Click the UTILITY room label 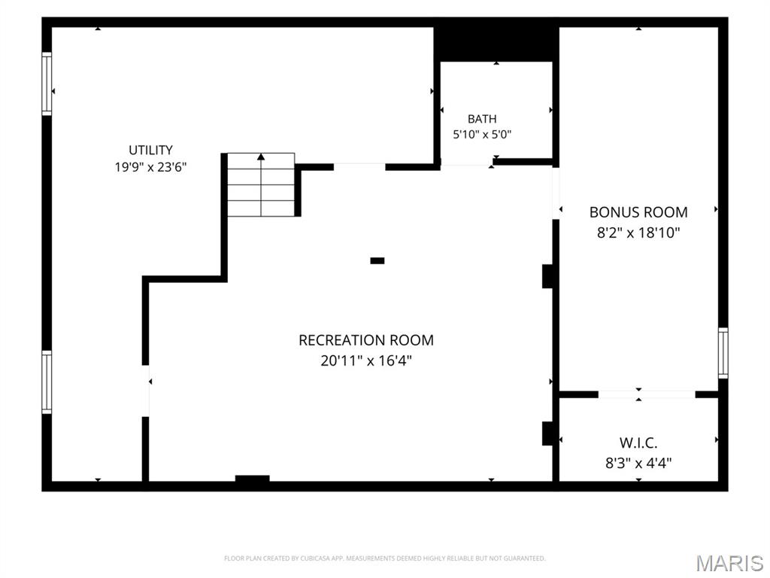point(150,150)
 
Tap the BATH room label point(482,119)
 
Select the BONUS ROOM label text point(638,212)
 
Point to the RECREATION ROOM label point(366,340)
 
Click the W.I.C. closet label point(638,443)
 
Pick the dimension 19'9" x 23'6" point(150,167)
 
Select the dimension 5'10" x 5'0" point(482,134)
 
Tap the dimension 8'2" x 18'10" point(638,233)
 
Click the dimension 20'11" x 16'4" point(366,360)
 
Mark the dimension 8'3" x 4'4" point(638,463)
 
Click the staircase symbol point(261,185)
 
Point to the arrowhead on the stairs point(261,157)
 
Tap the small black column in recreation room point(377,260)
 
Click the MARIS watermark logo point(729,563)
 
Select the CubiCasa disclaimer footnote point(384,558)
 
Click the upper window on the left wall point(47,84)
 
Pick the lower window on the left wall point(47,382)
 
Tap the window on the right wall point(723,353)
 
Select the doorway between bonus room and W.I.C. point(647,394)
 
